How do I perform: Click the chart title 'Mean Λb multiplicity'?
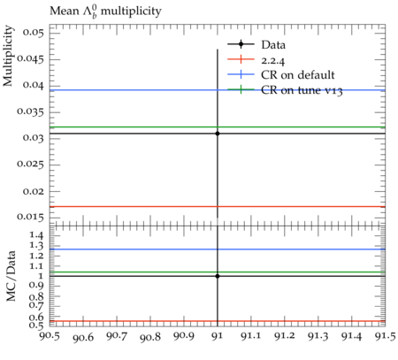coord(105,11)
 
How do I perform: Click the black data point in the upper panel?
coord(218,134)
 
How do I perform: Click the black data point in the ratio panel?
coord(218,276)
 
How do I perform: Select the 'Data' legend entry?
coord(256,45)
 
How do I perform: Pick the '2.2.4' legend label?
coord(273,61)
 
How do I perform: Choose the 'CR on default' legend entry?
coord(281,75)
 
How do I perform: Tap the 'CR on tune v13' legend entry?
coord(285,90)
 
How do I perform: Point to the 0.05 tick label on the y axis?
coord(33,32)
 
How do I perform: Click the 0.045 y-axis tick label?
coord(30,58)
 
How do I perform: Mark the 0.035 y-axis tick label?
coord(30,111)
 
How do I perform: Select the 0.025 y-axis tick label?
coord(30,164)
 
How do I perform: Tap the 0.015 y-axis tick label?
coord(30,217)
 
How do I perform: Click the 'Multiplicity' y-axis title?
coord(8,56)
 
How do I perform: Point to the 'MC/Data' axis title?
coord(11,276)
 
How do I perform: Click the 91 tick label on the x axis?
coord(218,336)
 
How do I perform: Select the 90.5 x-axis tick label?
coord(50,336)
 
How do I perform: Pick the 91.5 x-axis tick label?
coord(386,336)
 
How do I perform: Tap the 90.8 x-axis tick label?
coord(150,336)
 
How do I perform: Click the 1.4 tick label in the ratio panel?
coord(36,235)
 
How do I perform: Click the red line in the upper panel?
coord(218,207)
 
